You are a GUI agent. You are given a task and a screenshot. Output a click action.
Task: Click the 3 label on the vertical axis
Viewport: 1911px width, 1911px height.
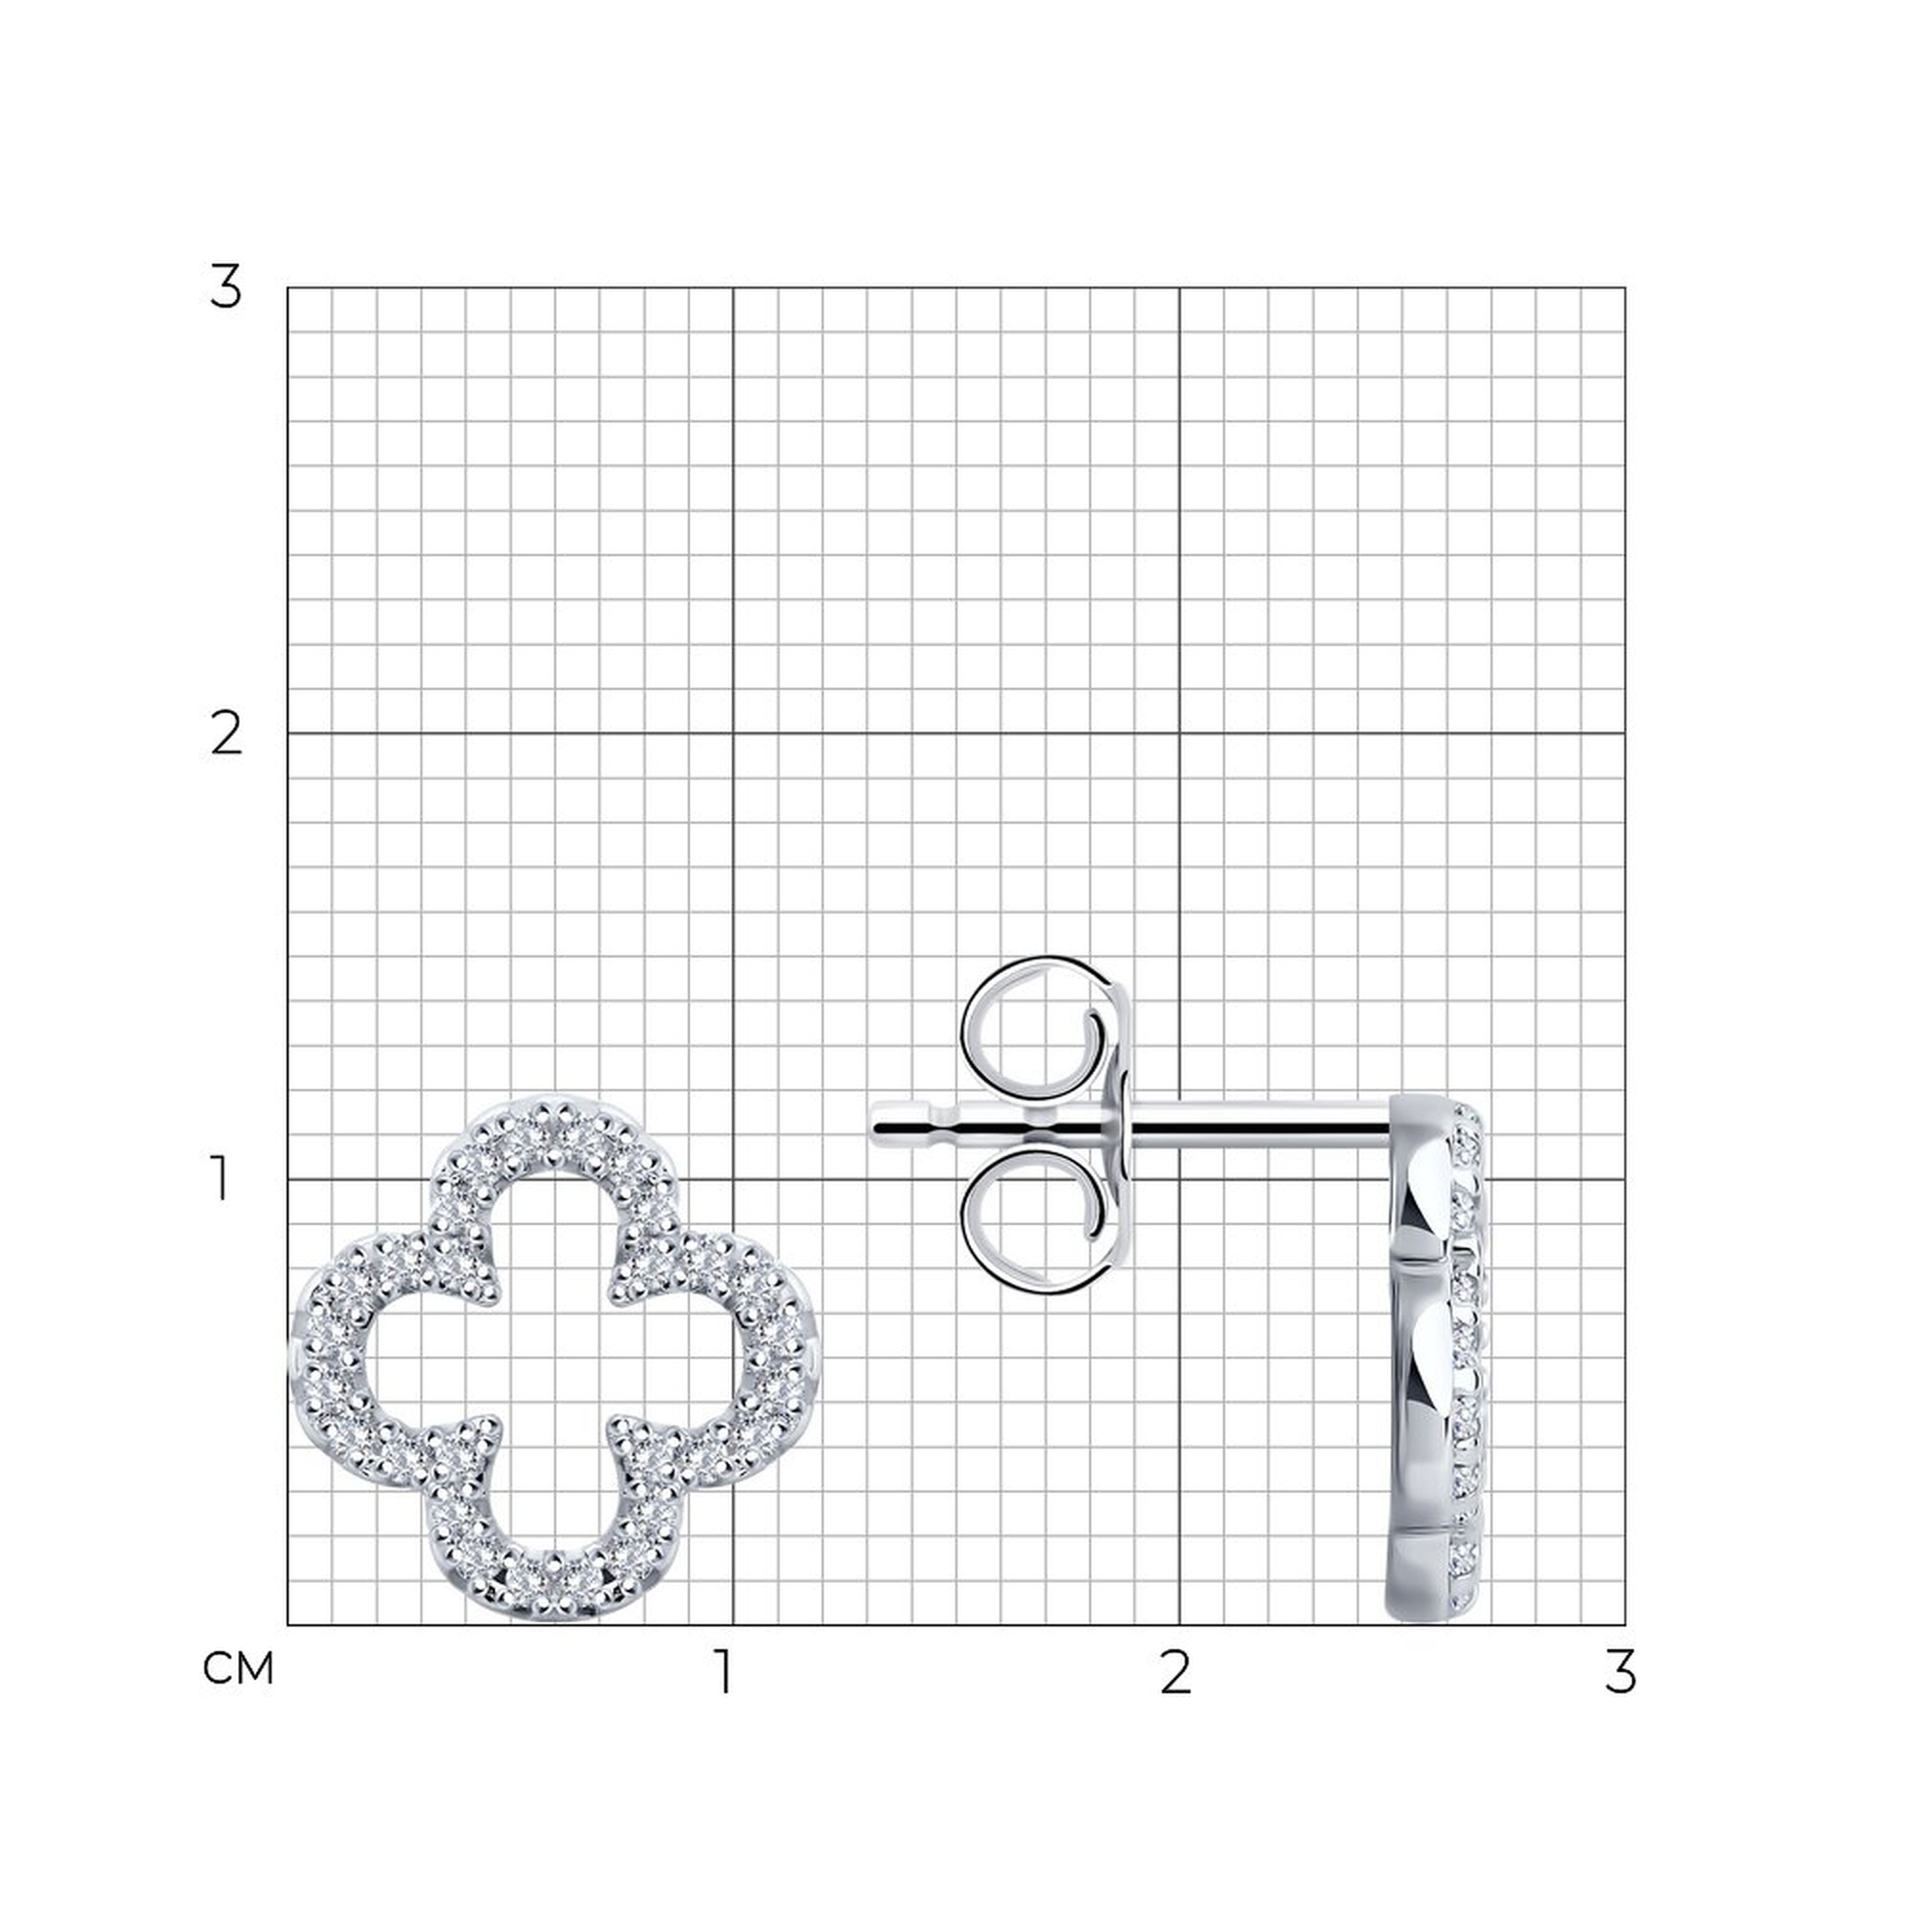tap(225, 288)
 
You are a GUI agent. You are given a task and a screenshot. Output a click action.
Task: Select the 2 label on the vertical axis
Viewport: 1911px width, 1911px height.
tap(226, 735)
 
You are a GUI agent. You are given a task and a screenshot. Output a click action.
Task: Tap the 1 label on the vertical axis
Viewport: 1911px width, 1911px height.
tap(222, 1180)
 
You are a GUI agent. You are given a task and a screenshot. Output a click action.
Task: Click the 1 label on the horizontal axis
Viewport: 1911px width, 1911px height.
tap(726, 1673)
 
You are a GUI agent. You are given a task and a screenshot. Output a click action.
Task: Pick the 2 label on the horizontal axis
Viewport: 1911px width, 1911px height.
tap(1174, 1673)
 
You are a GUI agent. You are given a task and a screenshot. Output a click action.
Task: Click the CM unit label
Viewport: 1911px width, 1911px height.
tap(237, 1669)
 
